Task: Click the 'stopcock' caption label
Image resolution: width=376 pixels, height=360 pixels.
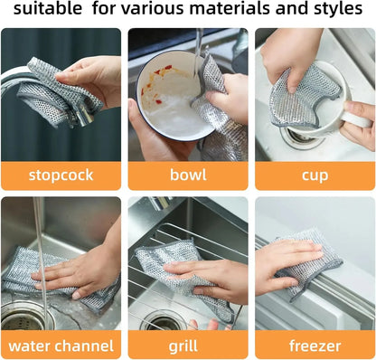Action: click(61, 175)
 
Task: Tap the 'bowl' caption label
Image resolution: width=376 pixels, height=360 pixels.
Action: click(187, 175)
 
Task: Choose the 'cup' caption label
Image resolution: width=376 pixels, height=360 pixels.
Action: click(315, 175)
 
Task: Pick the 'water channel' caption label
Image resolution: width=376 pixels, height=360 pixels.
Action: click(61, 345)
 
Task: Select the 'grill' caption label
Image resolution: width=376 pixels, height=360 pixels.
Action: click(187, 345)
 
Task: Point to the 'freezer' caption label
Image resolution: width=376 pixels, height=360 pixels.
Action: click(315, 345)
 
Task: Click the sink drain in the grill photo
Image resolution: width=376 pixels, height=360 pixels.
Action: click(163, 321)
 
